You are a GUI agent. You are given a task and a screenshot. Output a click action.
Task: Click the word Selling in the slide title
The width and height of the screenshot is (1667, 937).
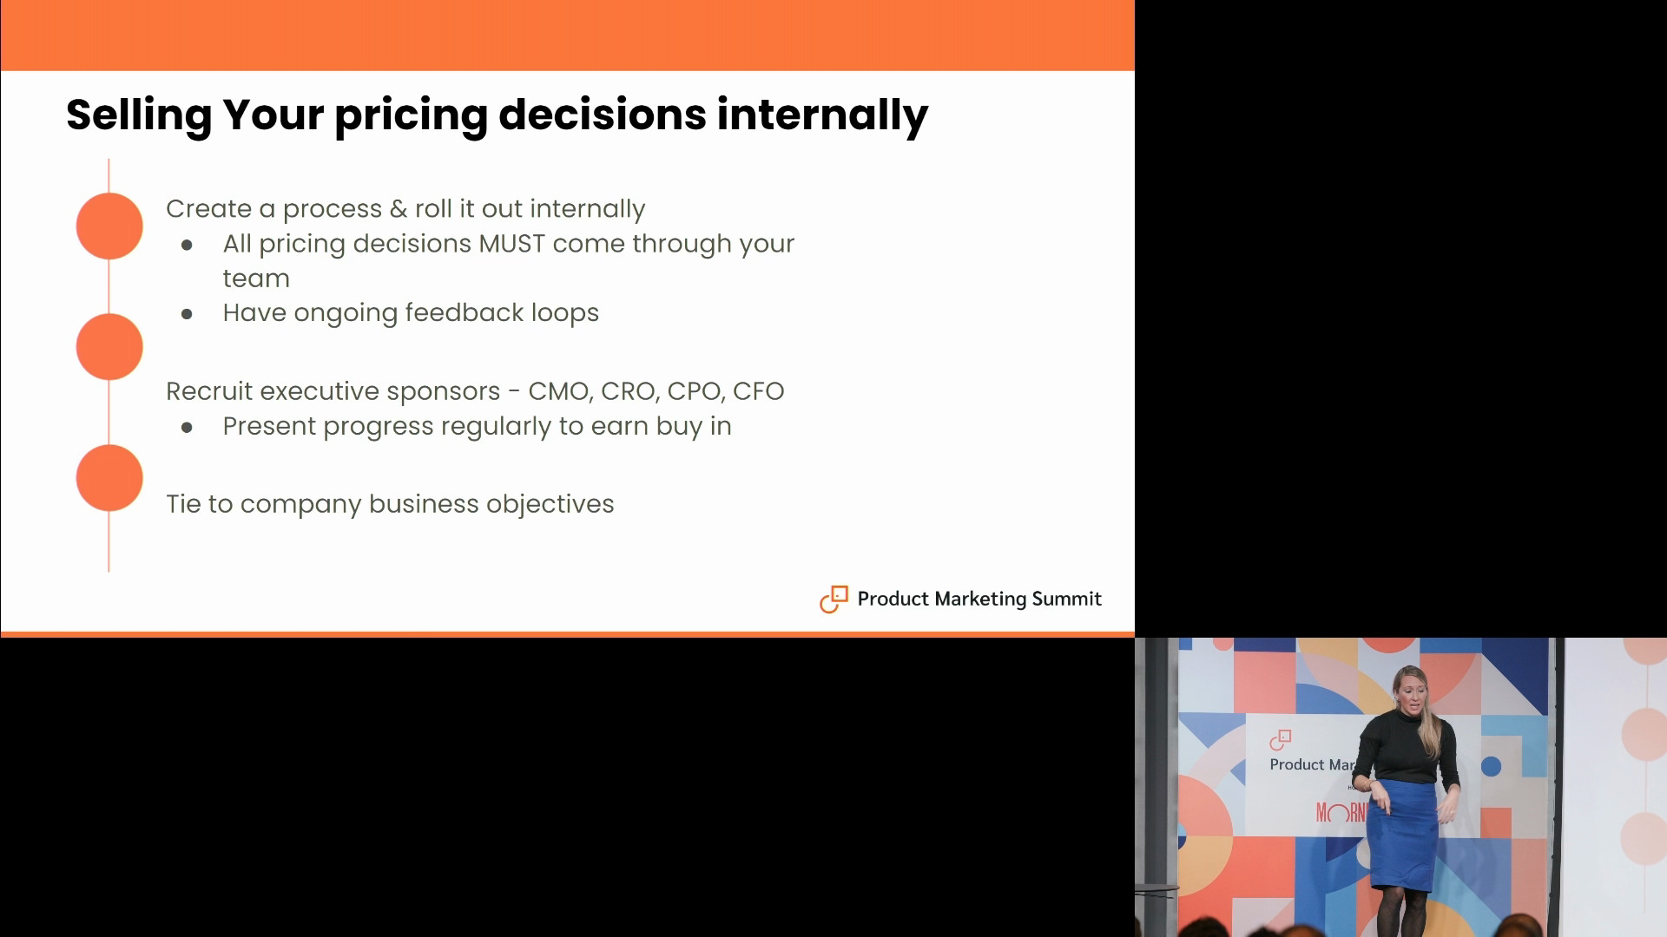coord(139,115)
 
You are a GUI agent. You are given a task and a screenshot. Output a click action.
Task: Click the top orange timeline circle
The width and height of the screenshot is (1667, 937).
coord(109,226)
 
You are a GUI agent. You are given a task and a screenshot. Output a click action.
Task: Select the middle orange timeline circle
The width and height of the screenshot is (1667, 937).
coord(109,347)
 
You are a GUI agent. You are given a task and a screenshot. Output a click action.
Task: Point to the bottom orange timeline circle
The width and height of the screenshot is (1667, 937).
coord(109,478)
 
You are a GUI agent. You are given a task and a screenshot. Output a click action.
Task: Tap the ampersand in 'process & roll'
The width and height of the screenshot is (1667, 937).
coord(399,209)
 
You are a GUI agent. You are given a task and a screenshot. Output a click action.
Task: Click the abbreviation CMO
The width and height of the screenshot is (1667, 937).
coord(560,392)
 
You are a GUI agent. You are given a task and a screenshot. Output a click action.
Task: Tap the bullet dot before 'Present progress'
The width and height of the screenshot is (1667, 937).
coord(187,428)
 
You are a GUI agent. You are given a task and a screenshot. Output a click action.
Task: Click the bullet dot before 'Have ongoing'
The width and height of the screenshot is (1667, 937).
coord(187,314)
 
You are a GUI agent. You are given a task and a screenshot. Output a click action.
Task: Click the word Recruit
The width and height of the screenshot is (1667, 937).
coord(209,392)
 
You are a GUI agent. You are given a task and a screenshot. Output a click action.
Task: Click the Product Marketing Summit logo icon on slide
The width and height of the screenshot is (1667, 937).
coord(833,599)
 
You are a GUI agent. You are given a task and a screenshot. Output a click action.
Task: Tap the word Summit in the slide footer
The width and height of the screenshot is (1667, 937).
coord(1066,599)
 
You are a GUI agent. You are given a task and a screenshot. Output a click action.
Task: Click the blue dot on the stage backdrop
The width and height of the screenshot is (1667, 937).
coord(1491,766)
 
